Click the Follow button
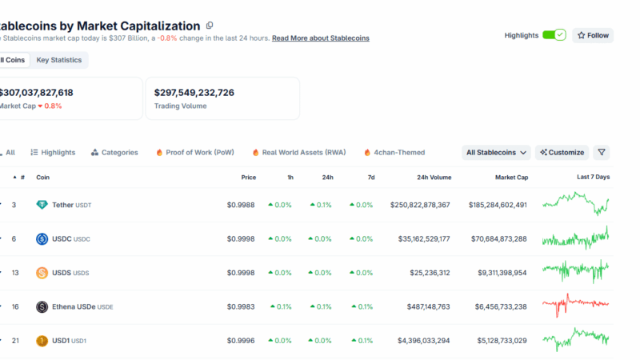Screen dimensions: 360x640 click(x=593, y=35)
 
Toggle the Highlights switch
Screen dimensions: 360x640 click(x=554, y=35)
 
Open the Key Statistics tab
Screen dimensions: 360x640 click(x=59, y=60)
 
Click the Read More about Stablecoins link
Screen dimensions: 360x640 click(x=321, y=38)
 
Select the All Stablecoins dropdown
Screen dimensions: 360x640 click(x=497, y=152)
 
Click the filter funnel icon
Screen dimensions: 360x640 click(x=602, y=152)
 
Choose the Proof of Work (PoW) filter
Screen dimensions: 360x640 click(x=195, y=152)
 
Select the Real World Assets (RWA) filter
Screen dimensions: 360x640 click(x=298, y=152)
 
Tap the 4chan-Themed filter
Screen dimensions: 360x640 click(x=394, y=152)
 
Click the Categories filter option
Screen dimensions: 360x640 click(x=114, y=152)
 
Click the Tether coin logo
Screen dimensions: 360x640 click(x=42, y=205)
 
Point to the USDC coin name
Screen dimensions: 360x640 click(x=62, y=239)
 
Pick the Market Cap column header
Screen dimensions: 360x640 click(x=510, y=178)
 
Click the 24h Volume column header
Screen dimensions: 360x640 click(x=434, y=178)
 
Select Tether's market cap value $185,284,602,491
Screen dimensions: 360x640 click(x=498, y=205)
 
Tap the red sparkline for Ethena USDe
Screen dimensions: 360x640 click(x=575, y=305)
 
